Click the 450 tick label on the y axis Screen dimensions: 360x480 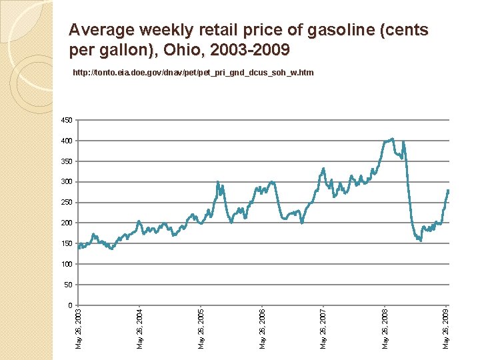65,121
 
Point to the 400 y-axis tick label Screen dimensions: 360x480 65,141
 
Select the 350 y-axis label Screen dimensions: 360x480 65,162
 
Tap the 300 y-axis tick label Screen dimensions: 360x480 65,182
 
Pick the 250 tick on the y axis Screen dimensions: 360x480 65,203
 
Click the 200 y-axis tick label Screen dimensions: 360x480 65,223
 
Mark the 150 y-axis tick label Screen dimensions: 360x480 65,243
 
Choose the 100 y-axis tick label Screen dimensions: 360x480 65,264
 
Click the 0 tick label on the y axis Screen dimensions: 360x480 69,305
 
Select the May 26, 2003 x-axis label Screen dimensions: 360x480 79,327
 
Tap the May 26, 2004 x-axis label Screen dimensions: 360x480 140,327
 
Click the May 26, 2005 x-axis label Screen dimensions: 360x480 201,327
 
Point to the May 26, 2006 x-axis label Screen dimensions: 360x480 263,327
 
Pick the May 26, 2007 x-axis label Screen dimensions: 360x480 323,327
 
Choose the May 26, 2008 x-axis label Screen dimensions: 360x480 385,327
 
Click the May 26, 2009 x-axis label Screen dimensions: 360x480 446,327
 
